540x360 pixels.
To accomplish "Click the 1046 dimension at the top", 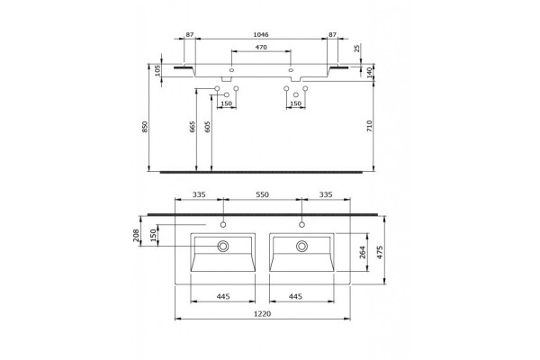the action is click(x=261, y=34).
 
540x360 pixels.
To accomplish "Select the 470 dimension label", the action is click(x=261, y=47).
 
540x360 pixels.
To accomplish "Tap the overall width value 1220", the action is click(x=263, y=314).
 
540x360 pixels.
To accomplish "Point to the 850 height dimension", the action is click(x=145, y=126).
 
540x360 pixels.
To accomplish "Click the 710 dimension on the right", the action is click(x=370, y=126).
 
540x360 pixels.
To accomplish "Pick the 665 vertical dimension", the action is click(x=193, y=126).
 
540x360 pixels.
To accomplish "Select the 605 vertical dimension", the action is click(x=207, y=126).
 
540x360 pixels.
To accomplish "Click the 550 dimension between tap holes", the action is click(x=262, y=194).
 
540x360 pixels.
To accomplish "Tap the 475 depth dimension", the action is click(x=380, y=253).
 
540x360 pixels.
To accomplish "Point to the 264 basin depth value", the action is click(x=363, y=253).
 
